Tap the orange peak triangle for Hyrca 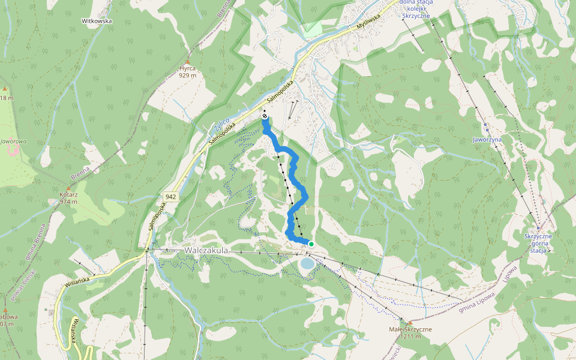tap(187, 62)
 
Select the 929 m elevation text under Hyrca tap(187, 76)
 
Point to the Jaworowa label tap(14, 142)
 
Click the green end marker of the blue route tap(311, 243)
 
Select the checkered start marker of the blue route tap(265, 115)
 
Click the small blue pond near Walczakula tap(307, 263)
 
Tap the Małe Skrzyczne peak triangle tap(410, 322)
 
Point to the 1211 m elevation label tap(410, 337)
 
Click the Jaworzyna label tap(487, 139)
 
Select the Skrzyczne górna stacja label tap(538, 243)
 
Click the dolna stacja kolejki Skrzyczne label tap(419, 10)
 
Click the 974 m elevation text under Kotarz tap(70, 202)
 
